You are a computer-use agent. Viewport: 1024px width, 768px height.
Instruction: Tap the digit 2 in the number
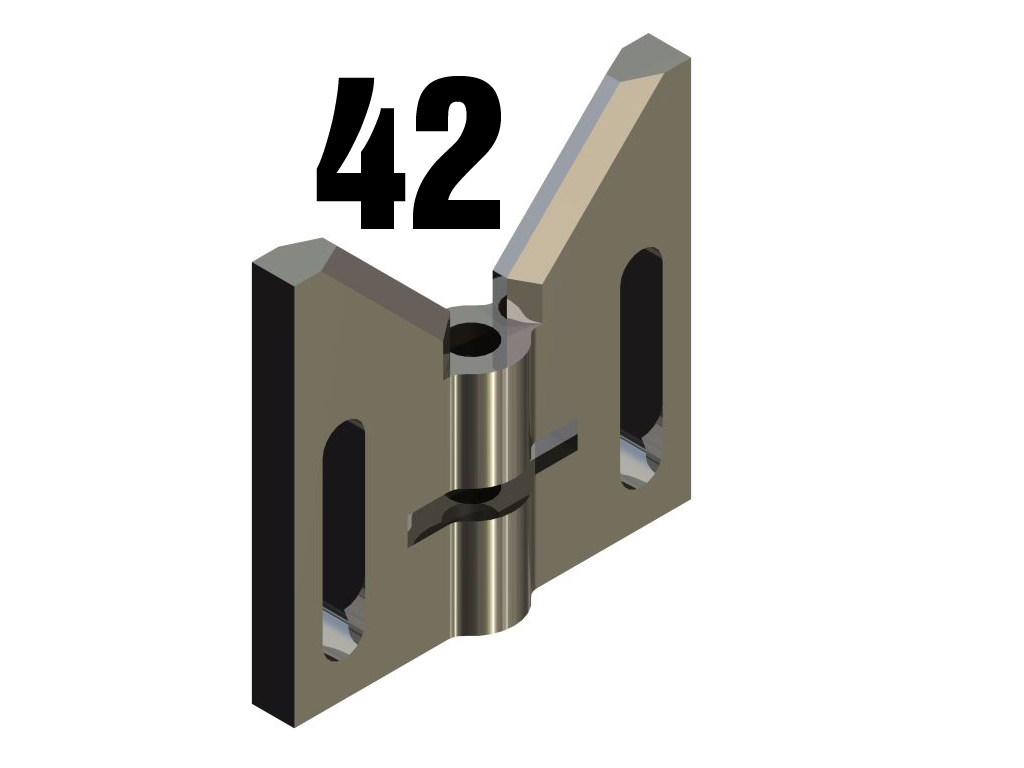(x=458, y=153)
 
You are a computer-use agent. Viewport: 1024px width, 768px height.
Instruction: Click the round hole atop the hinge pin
(x=476, y=340)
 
